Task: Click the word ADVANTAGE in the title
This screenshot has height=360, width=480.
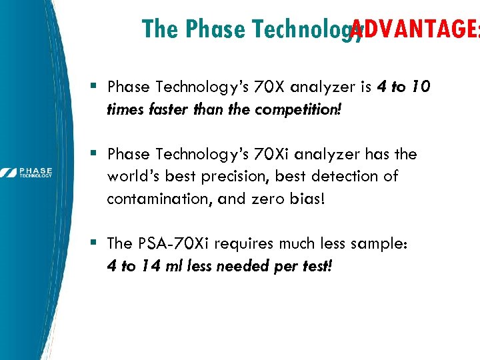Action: (x=413, y=29)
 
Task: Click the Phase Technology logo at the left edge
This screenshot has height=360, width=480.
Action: (x=27, y=173)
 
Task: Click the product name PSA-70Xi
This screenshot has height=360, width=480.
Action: (x=173, y=244)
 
